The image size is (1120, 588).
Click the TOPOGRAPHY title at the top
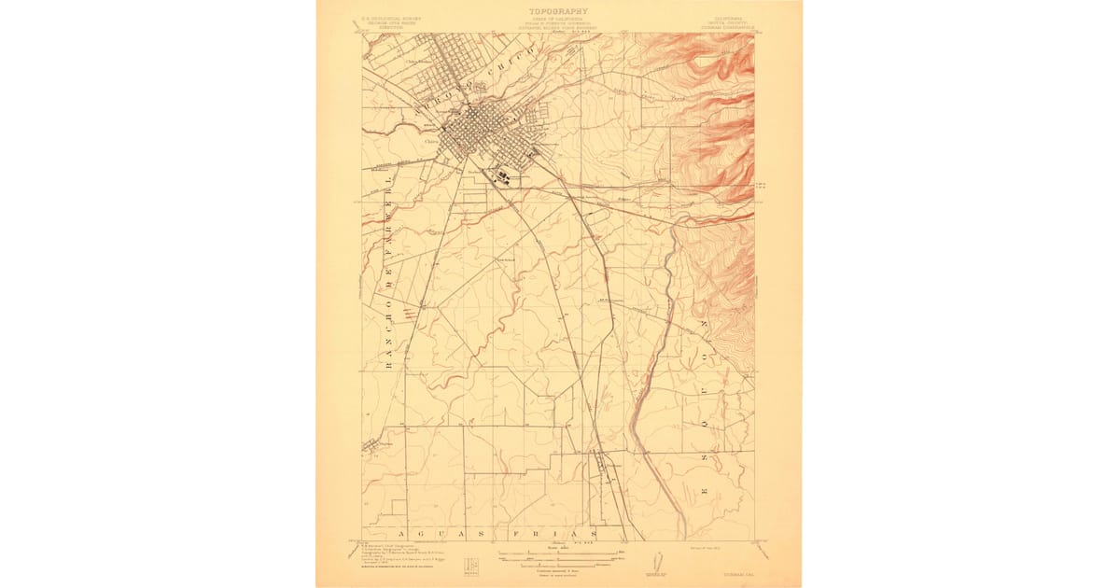(x=559, y=11)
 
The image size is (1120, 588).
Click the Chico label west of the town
(x=431, y=143)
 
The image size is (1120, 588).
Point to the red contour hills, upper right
(x=714, y=103)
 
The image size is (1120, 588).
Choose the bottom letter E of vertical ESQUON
(x=707, y=490)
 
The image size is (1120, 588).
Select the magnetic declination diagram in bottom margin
(x=656, y=564)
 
